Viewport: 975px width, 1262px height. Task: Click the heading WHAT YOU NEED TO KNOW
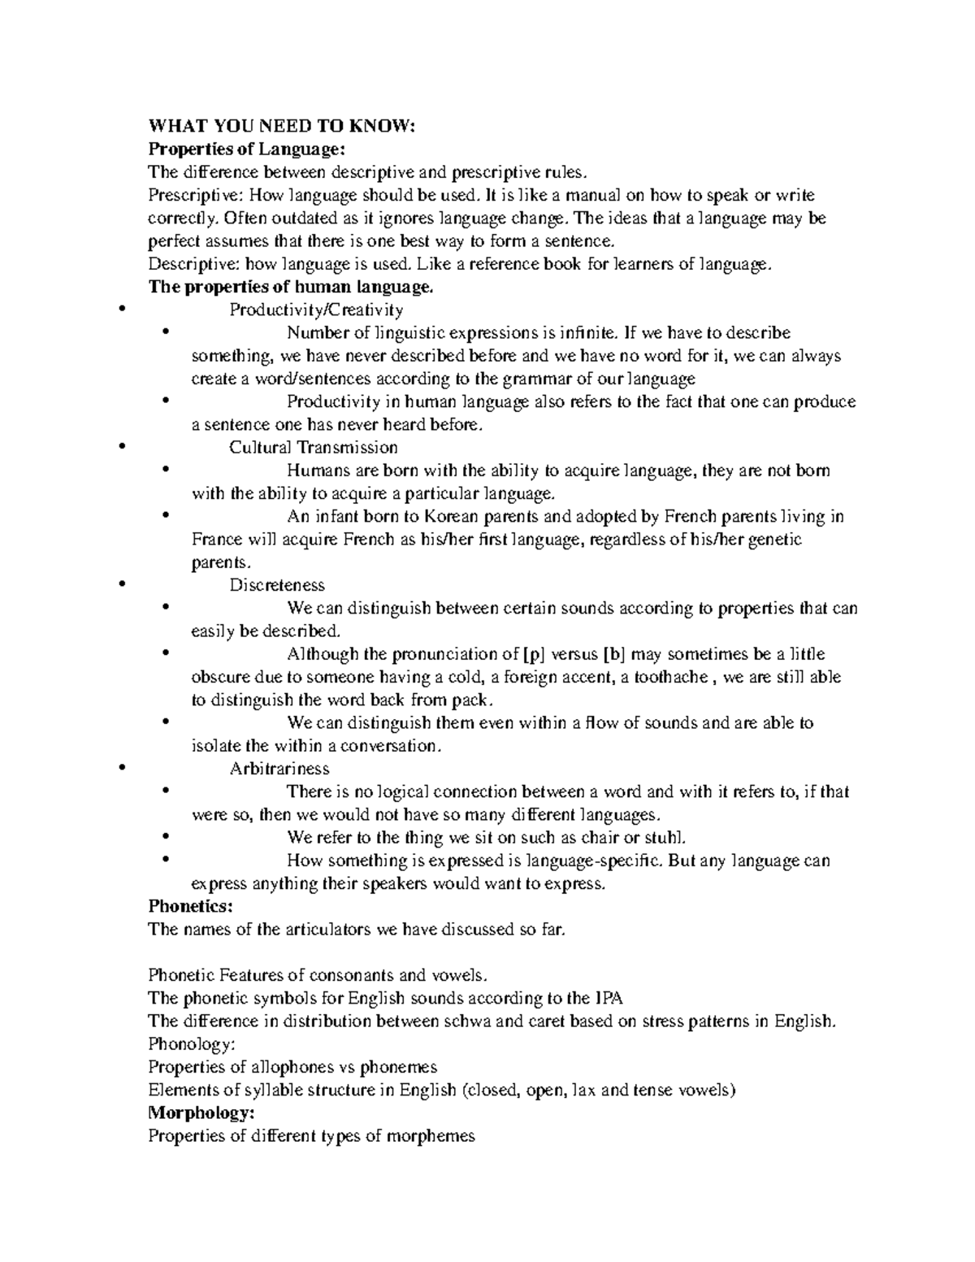(281, 126)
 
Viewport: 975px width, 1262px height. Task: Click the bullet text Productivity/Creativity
(316, 310)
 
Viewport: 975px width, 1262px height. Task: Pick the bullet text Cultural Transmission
(314, 448)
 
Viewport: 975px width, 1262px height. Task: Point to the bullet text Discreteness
(277, 585)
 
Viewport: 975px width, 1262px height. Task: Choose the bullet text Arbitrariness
(279, 769)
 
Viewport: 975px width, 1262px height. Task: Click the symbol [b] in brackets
(614, 654)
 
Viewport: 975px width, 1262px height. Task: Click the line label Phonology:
(185, 1044)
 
